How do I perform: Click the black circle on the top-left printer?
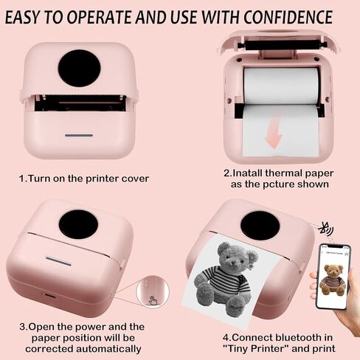click(x=79, y=69)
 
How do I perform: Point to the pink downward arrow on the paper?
click(x=273, y=136)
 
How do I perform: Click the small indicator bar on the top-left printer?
click(x=79, y=135)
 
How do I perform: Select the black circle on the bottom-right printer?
click(x=260, y=225)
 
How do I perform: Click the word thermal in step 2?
click(x=280, y=173)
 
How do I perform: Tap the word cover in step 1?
click(x=133, y=179)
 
